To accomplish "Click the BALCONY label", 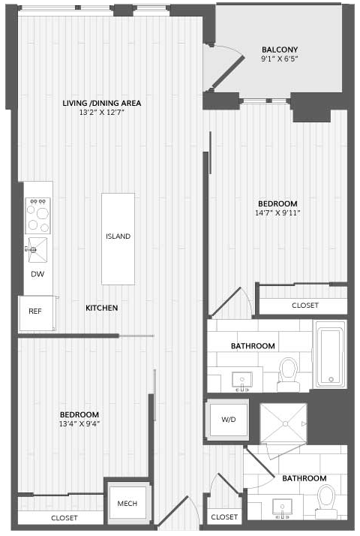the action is point(280,50).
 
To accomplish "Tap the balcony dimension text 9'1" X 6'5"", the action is point(280,59).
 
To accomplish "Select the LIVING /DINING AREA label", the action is point(102,103).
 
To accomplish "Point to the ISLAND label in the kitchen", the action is point(118,236).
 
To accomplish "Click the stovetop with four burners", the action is point(38,215).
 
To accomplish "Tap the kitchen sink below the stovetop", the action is point(37,249).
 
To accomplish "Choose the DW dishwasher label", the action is point(37,274).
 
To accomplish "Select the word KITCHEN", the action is point(101,308).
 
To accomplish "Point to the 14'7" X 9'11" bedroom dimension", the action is point(277,213).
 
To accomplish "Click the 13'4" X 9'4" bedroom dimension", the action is point(79,424).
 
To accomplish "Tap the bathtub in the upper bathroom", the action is point(330,354).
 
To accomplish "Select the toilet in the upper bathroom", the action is point(288,375).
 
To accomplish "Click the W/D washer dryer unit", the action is point(229,420).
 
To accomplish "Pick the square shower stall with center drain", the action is point(283,423).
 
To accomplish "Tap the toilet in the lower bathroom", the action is point(326,501).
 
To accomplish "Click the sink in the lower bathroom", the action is point(283,507).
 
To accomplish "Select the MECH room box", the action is point(127,503).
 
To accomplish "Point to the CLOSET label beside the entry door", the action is point(224,517).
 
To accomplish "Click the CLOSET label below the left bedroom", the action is point(64,518).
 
